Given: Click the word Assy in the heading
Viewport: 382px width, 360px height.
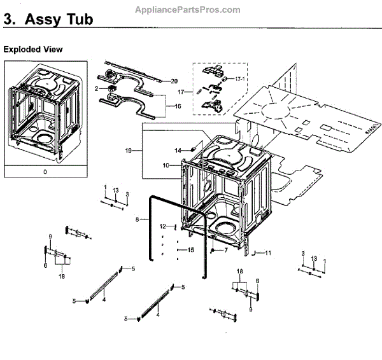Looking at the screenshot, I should pyautogui.click(x=43, y=20).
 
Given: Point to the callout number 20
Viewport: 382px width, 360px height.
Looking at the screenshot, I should pyautogui.click(x=175, y=81).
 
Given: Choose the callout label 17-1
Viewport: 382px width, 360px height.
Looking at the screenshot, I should pyautogui.click(x=238, y=78).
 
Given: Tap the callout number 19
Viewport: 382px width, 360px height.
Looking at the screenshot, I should pyautogui.click(x=129, y=151).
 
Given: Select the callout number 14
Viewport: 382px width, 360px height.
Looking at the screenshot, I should pyautogui.click(x=178, y=149).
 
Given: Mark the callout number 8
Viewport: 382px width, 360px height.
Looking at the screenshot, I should pyautogui.click(x=137, y=220).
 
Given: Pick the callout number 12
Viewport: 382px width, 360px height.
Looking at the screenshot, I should pyautogui.click(x=163, y=226).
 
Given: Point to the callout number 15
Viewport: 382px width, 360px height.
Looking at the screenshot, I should pyautogui.click(x=190, y=250).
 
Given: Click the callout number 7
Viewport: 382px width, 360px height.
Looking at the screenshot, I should pyautogui.click(x=225, y=251).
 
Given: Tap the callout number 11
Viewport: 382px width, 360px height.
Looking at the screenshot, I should pyautogui.click(x=268, y=253).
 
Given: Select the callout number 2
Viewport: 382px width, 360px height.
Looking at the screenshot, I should pyautogui.click(x=97, y=89).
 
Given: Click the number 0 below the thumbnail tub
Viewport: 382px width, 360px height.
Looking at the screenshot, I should pyautogui.click(x=45, y=172).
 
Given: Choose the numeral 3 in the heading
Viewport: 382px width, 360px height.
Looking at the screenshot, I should pyautogui.click(x=8, y=20).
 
